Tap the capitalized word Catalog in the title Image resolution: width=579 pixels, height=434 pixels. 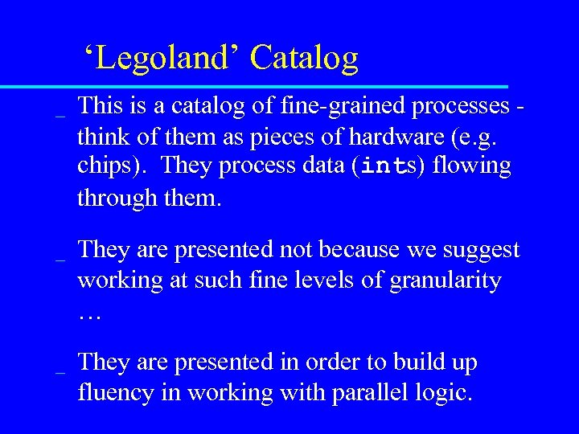[304, 58]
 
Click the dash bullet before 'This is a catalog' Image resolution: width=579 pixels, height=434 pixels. [59, 114]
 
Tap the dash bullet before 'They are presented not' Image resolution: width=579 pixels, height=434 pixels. [59, 259]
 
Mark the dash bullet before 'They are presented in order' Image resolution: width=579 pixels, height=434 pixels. [59, 371]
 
